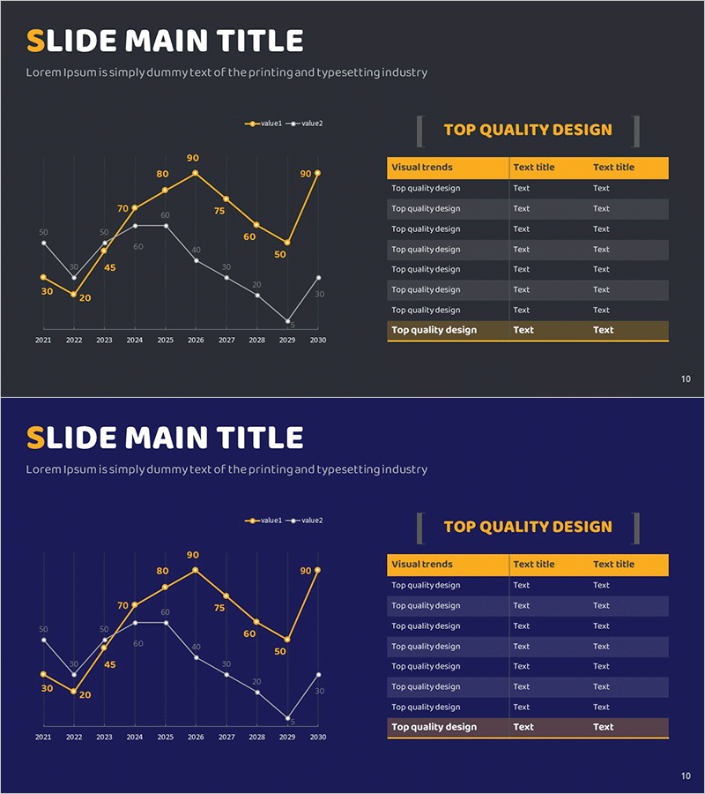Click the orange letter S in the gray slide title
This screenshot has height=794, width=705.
(x=35, y=41)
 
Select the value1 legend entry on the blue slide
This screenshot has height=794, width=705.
(x=264, y=521)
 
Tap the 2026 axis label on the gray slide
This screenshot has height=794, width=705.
(x=196, y=340)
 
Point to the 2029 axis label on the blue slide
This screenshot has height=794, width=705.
(x=287, y=737)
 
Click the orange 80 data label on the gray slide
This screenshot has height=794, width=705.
(x=162, y=175)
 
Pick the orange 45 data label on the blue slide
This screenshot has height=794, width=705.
(x=109, y=664)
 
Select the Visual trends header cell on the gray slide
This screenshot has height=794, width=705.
(x=422, y=167)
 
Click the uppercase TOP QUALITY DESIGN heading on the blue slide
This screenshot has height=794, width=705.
(x=527, y=527)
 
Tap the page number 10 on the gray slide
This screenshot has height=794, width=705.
(x=686, y=379)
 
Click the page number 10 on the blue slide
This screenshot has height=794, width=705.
(x=686, y=776)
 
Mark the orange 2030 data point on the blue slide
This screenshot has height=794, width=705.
(x=317, y=571)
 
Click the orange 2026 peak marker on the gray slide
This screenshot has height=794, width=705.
(x=196, y=173)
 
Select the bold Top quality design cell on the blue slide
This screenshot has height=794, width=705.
(x=434, y=727)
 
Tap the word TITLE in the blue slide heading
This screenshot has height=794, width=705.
(x=263, y=438)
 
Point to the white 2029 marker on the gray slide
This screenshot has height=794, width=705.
(x=287, y=321)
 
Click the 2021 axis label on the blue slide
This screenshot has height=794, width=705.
(x=43, y=737)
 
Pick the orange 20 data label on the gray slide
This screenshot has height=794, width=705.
(x=85, y=298)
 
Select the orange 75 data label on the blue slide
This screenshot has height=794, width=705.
(x=219, y=608)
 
